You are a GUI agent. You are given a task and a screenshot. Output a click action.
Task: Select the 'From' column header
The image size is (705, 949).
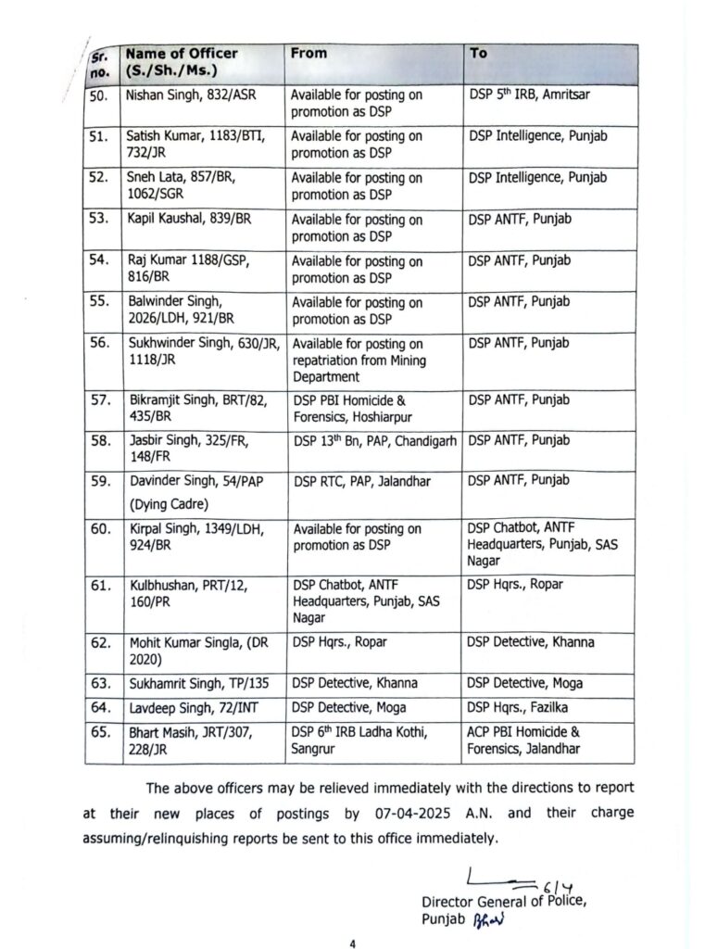308,54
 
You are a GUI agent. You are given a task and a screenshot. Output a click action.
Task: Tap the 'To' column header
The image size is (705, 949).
478,54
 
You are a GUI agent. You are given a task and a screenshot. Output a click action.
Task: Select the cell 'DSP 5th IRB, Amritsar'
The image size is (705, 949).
522,95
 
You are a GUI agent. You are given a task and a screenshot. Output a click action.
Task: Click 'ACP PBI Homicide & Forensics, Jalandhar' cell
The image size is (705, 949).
523,740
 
